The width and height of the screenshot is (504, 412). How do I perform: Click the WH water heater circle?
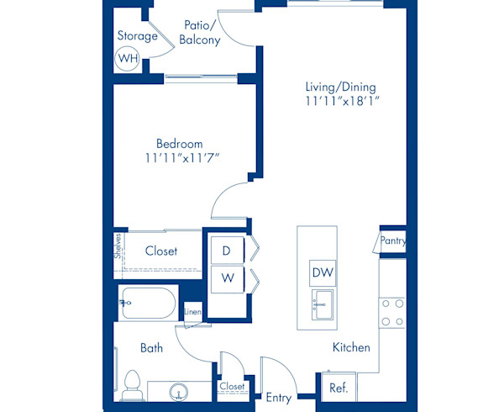point(127,59)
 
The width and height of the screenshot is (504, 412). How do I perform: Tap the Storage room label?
point(137,36)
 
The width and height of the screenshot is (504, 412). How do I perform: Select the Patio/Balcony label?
point(202,32)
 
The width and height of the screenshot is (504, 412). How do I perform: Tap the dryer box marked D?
point(226,250)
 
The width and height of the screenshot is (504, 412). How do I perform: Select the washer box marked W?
point(226,277)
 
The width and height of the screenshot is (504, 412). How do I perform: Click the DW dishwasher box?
point(323,272)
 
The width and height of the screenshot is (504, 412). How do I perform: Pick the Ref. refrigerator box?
point(339,388)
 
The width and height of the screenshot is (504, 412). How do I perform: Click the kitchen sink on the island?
point(323,304)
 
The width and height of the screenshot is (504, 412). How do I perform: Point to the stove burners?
point(392,312)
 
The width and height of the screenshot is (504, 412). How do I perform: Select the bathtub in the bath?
point(148,303)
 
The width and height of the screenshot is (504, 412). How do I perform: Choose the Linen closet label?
point(192,313)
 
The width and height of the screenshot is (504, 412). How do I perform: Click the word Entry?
point(278,398)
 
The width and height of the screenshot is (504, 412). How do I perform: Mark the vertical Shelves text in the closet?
point(119,250)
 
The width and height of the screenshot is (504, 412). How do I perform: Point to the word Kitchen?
point(351,347)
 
